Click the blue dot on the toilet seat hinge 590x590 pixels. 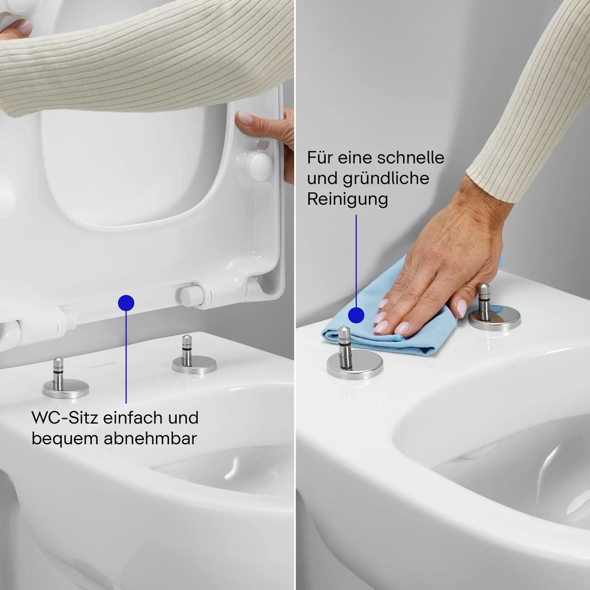pos(126,302)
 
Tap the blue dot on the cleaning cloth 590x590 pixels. pos(356,315)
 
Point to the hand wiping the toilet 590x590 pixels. pos(440,272)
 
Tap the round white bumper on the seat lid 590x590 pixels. pos(260,165)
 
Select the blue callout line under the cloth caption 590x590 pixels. pos(356,260)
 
